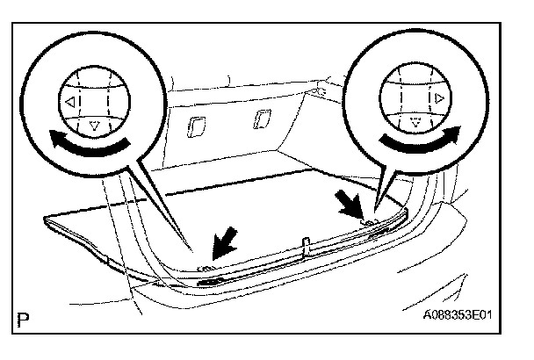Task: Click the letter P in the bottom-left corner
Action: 20,314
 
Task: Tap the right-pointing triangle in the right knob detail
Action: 438,99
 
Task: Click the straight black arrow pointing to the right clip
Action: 351,209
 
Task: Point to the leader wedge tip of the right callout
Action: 376,209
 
